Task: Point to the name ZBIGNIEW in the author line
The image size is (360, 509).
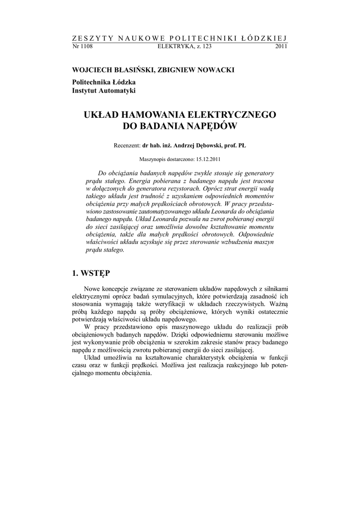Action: (174, 71)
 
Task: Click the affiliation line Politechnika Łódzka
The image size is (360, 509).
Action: (104, 82)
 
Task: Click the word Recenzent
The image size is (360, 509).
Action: (127, 145)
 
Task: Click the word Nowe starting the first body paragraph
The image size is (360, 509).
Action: (93, 289)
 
